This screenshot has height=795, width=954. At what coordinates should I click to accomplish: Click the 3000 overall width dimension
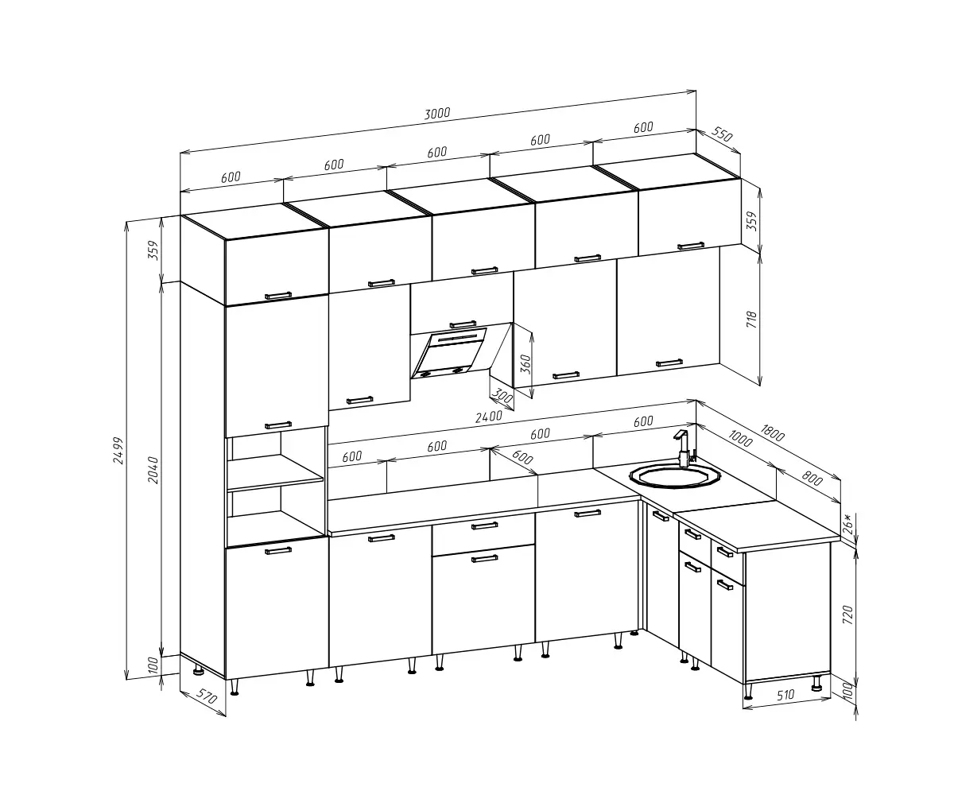[437, 113]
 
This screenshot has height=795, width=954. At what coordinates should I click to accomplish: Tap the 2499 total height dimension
[118, 450]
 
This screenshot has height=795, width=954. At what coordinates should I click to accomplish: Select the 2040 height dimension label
[153, 470]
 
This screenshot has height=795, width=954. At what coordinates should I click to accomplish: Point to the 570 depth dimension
[206, 696]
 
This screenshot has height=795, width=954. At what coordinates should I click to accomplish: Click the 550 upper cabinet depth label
[722, 134]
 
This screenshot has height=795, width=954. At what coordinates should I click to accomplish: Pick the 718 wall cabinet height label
[751, 320]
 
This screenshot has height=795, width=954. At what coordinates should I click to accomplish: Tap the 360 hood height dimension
[525, 364]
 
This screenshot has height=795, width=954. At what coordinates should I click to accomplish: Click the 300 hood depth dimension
[502, 396]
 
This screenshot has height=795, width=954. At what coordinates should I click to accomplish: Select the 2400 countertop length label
[488, 417]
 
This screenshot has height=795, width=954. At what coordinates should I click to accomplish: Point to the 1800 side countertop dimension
[772, 432]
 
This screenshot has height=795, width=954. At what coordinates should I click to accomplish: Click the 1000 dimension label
[739, 438]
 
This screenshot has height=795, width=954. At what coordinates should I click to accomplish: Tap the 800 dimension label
[812, 478]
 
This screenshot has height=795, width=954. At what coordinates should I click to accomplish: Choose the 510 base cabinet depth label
[785, 695]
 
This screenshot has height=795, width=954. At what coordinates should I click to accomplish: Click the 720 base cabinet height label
[847, 615]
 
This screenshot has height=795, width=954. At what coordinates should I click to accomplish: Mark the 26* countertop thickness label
[847, 524]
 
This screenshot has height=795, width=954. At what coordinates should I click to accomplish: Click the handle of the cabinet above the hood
[463, 324]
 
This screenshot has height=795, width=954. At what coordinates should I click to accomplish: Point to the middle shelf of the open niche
[276, 479]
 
